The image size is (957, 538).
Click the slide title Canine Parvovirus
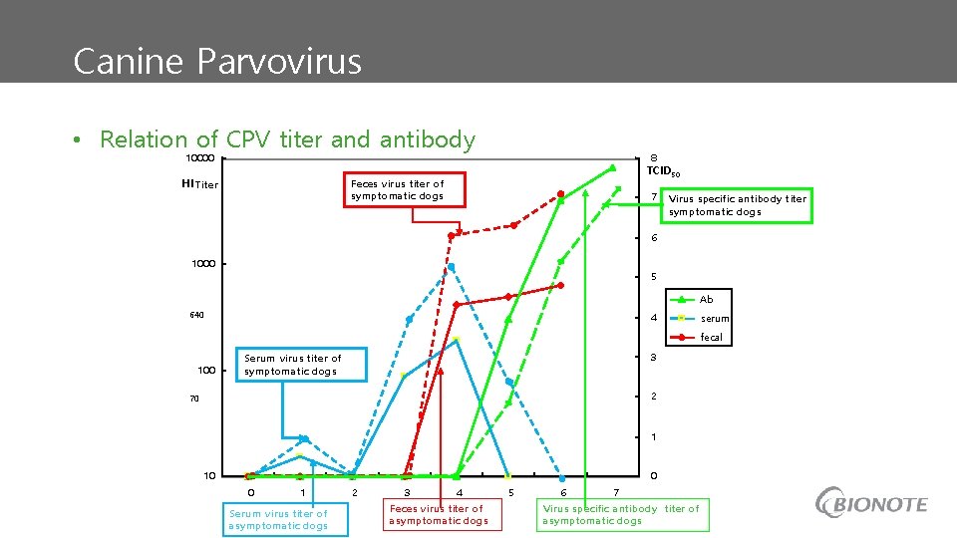coord(217,62)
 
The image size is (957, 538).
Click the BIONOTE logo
coord(871,503)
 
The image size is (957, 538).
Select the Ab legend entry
coord(706,300)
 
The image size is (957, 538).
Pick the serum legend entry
coord(714,319)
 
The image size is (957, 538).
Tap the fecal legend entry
coord(711,338)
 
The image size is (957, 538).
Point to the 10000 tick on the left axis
coord(199,159)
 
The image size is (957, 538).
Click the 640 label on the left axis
coord(196,316)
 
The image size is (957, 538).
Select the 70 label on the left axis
coord(195,399)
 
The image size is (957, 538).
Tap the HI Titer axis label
coord(199,184)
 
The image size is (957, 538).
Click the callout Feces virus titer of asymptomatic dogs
coord(439,514)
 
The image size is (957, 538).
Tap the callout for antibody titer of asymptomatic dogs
coord(622,514)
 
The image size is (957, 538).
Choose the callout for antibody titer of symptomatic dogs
coord(737,205)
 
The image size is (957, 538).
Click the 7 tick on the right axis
coord(654,197)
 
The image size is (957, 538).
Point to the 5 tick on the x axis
coord(511,492)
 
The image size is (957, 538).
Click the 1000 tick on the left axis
coord(204,264)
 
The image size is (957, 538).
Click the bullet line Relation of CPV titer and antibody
coord(287,140)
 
